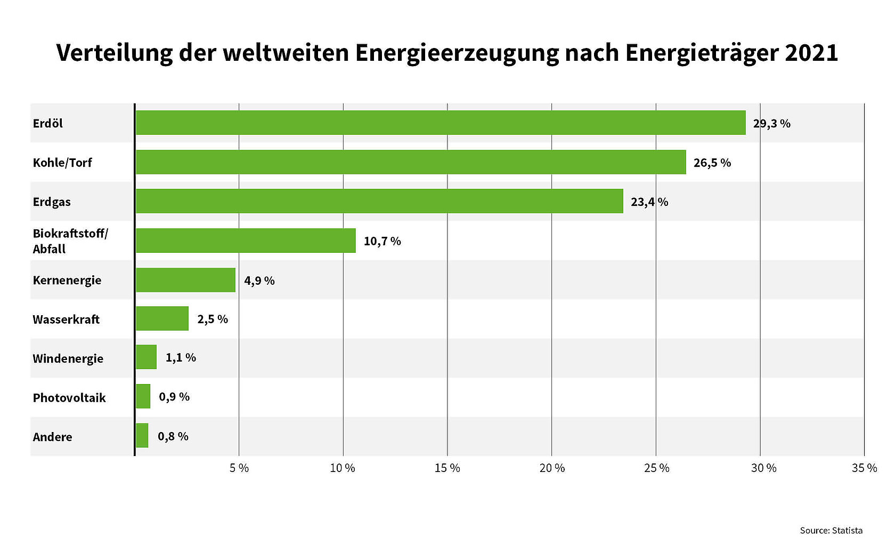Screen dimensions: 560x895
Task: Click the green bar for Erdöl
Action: point(441,123)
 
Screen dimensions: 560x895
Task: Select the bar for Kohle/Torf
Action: point(411,162)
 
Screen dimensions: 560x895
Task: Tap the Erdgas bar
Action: point(379,201)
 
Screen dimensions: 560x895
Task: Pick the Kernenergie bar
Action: point(185,280)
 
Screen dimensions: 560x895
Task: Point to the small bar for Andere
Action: point(142,436)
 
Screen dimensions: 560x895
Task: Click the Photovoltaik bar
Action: point(143,396)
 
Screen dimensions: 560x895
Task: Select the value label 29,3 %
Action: point(771,124)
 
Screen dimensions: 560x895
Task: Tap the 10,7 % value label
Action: point(382,241)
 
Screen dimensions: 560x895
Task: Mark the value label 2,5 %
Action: point(213,319)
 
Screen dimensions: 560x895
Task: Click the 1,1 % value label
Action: point(181,357)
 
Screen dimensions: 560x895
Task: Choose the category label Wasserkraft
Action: point(66,319)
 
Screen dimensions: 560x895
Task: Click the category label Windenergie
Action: point(68,358)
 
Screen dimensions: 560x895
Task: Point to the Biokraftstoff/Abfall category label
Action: point(70,241)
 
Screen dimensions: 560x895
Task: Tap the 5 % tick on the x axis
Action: point(239,468)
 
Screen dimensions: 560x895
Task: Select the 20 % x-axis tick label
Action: point(552,468)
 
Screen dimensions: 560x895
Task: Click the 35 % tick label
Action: point(864,468)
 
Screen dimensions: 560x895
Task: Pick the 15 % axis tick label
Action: point(447,468)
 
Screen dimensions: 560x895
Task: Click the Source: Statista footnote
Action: point(831,531)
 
